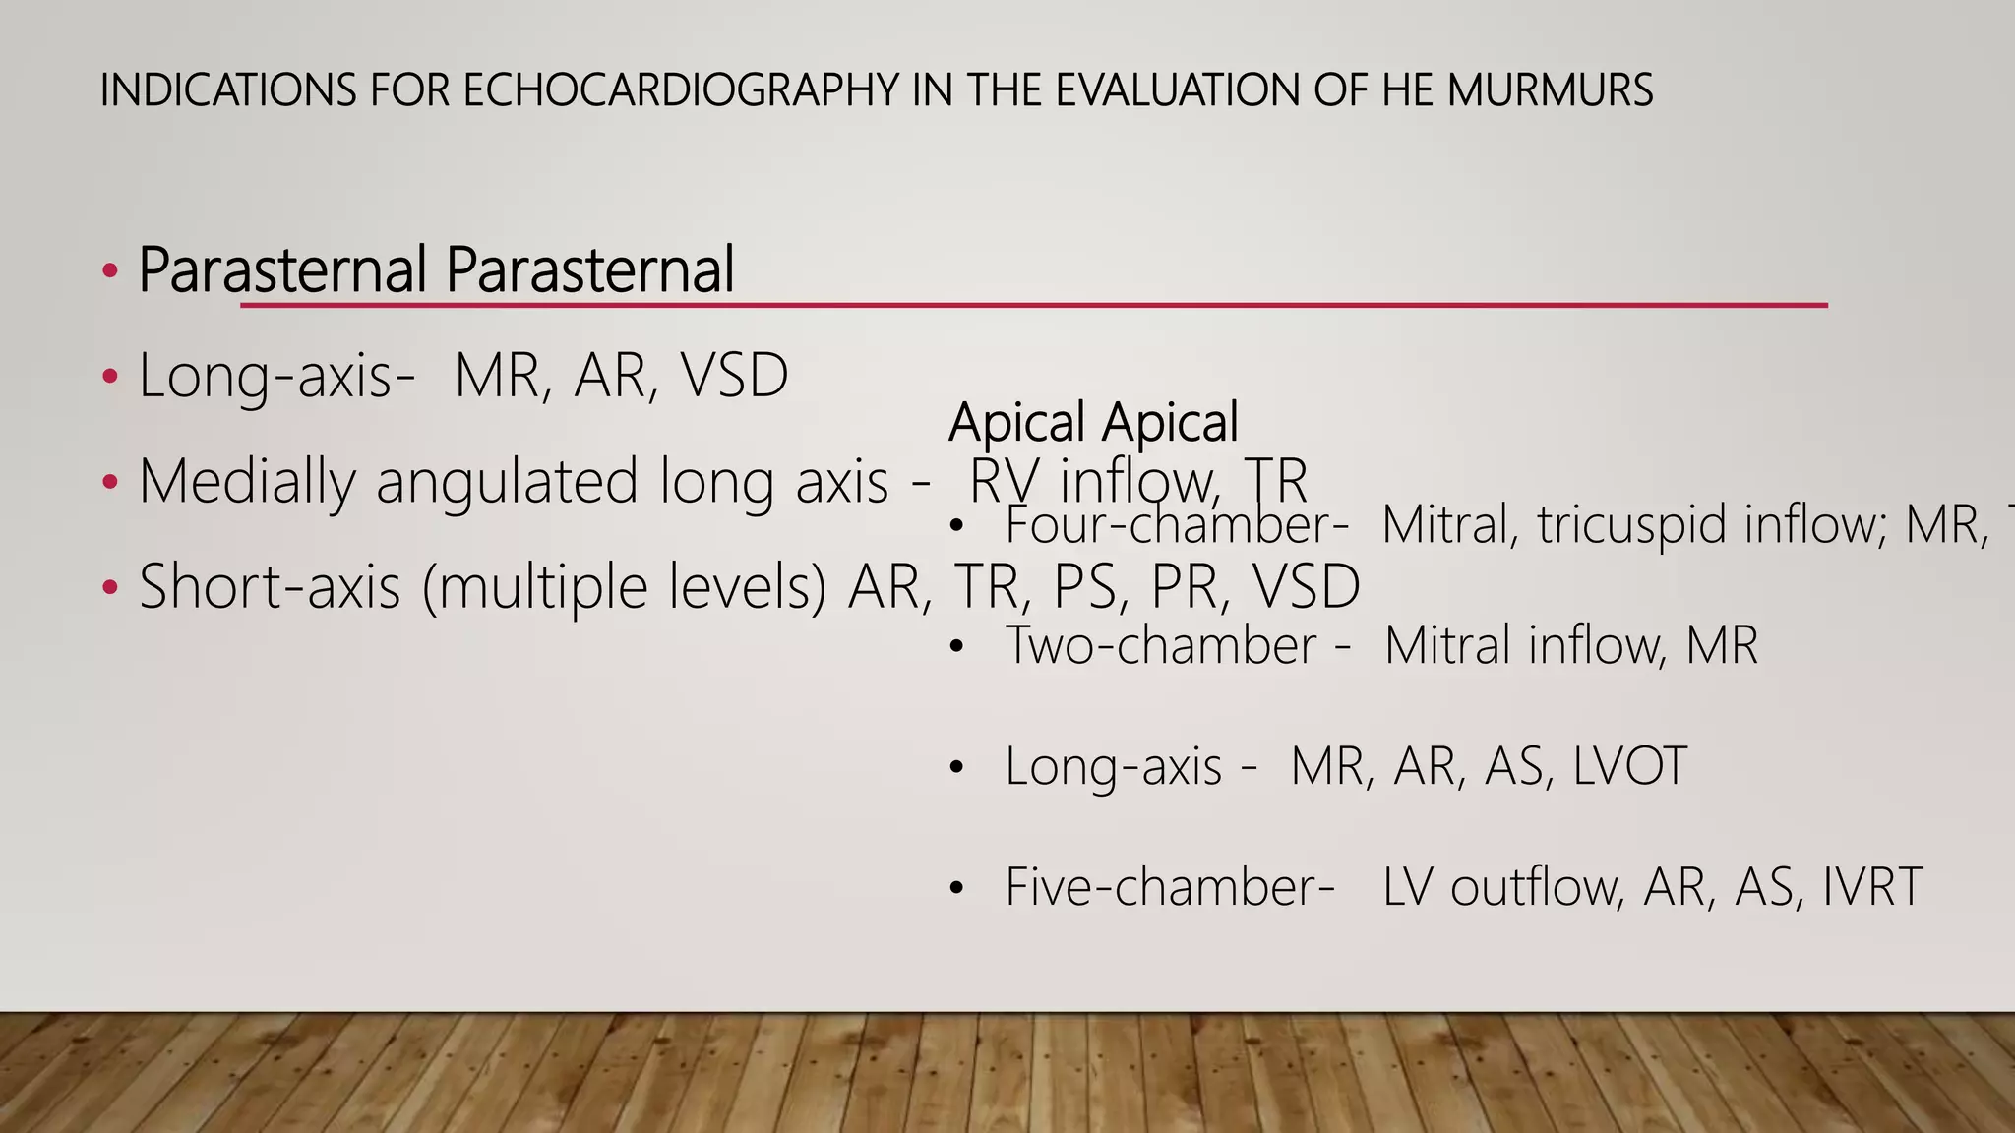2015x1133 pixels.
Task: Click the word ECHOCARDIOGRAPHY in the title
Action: (680, 90)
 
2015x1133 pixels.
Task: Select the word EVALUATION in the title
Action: (1177, 90)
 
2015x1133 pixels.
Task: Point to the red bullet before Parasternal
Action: (110, 269)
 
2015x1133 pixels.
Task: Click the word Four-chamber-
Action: (1177, 524)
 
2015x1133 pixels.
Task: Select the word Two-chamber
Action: (1160, 646)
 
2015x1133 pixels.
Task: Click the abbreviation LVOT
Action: (1629, 766)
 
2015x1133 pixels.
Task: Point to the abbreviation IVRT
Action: (1872, 887)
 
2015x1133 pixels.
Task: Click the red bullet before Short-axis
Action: (110, 588)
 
